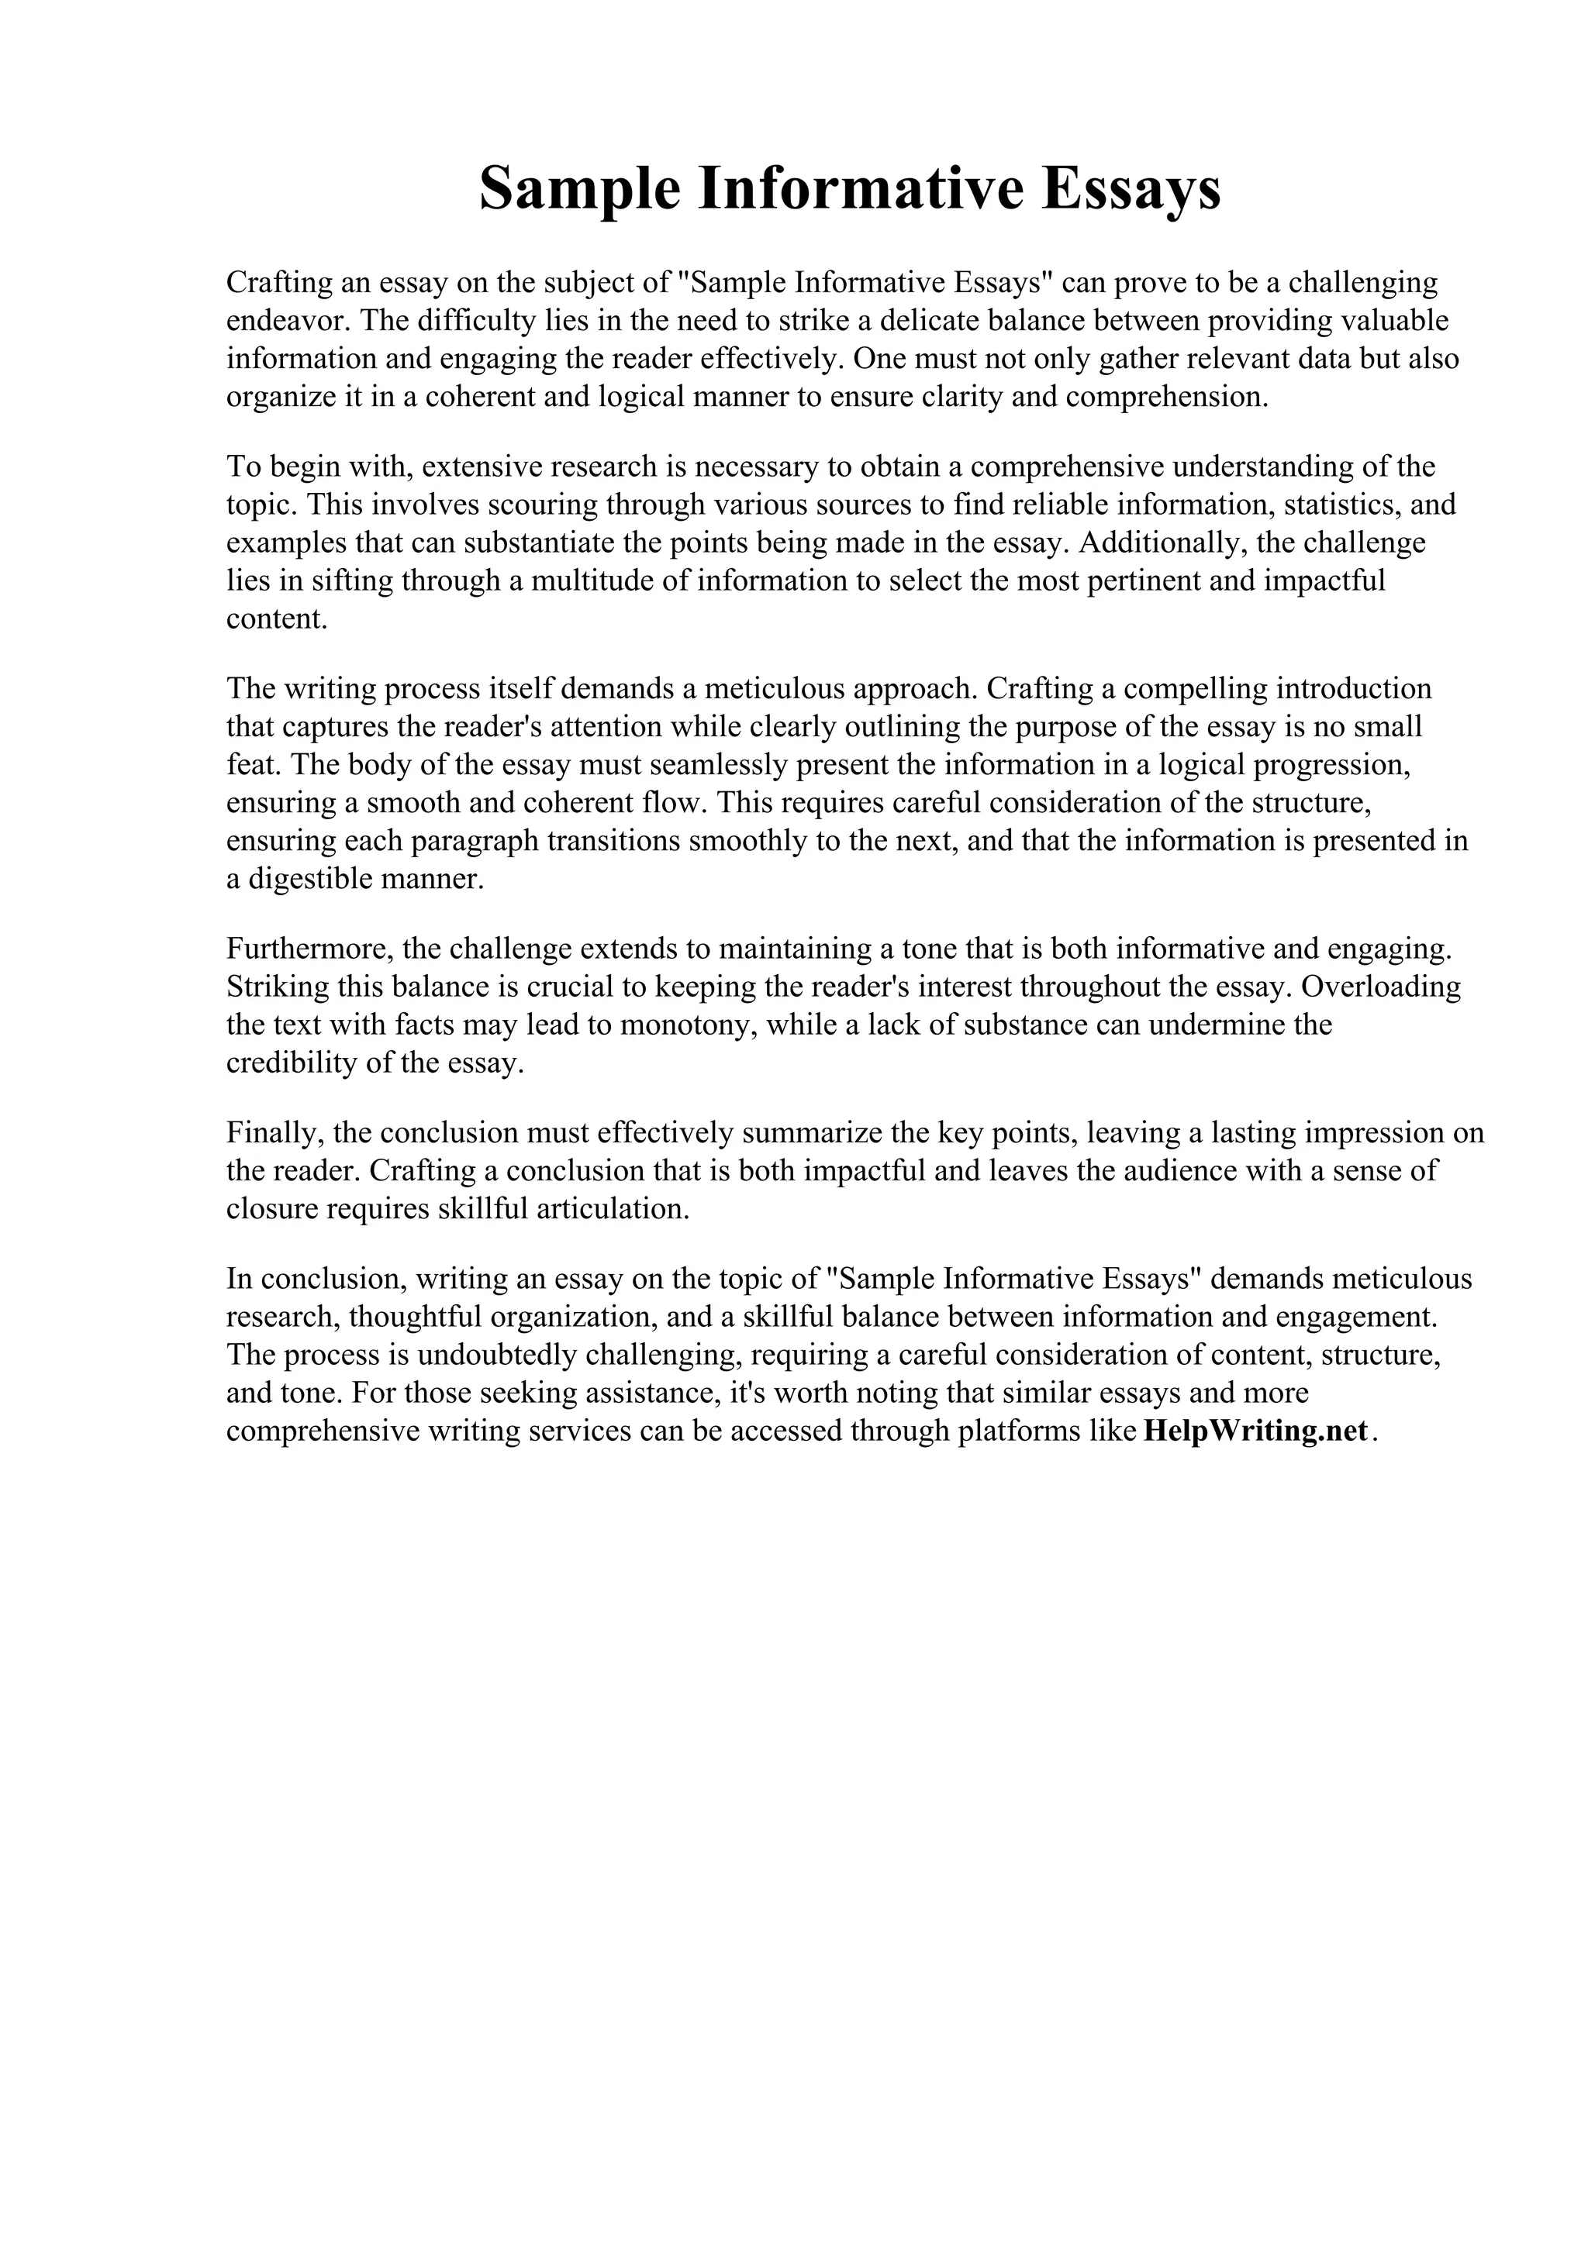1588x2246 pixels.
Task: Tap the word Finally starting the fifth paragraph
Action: [x=274, y=1133]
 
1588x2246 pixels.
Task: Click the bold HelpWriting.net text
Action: [x=1255, y=1432]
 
